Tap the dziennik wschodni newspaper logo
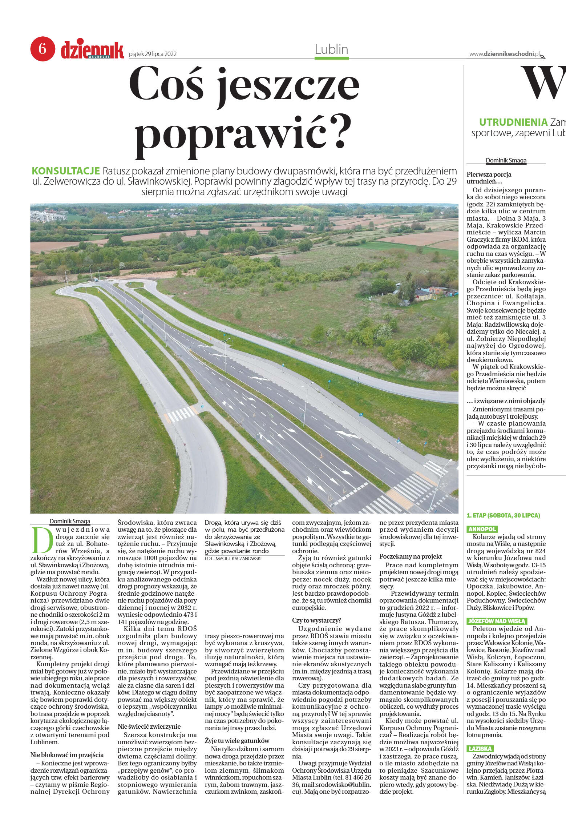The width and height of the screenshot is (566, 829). pos(92,50)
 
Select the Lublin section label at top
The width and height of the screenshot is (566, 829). pos(331,49)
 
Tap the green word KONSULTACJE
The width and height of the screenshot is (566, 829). pos(66,171)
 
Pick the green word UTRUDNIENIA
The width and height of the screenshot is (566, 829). pos(513,122)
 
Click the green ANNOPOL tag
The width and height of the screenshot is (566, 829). pos(482,529)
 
